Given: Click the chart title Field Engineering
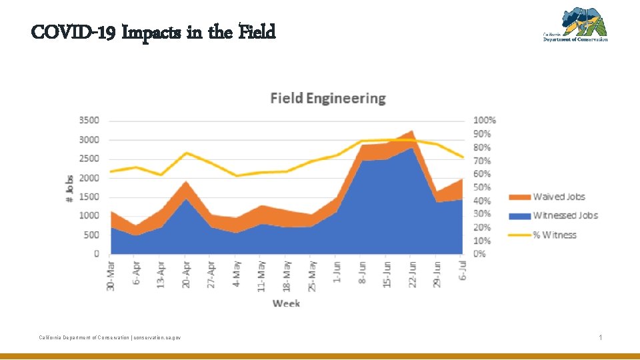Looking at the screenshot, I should pyautogui.click(x=328, y=99).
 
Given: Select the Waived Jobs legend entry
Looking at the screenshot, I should pyautogui.click(x=559, y=197).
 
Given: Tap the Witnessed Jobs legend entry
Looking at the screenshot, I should pyautogui.click(x=565, y=215).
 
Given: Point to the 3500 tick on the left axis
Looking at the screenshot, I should pyautogui.click(x=89, y=121).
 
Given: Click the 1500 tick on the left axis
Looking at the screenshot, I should pyautogui.click(x=89, y=197).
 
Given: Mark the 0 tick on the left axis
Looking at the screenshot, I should pyautogui.click(x=96, y=254).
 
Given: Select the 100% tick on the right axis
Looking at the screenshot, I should pyautogui.click(x=485, y=121).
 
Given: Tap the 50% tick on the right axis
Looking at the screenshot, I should pyautogui.click(x=483, y=187).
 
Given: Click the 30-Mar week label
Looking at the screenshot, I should pyautogui.click(x=111, y=275).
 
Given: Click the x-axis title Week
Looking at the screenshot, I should pyautogui.click(x=286, y=303).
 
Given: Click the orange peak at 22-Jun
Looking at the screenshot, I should pyautogui.click(x=412, y=131).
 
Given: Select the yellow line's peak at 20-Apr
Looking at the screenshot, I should pyautogui.click(x=187, y=153).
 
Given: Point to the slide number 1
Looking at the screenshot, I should pyautogui.click(x=601, y=338).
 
